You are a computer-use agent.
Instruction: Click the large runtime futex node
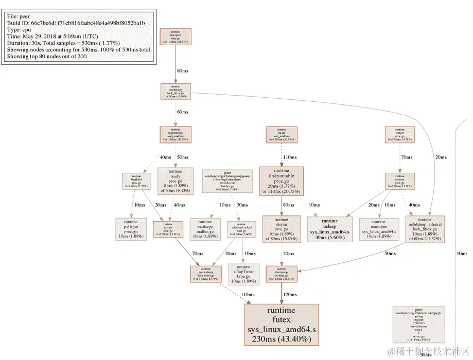coord(282,325)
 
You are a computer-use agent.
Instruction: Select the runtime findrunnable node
coord(281,181)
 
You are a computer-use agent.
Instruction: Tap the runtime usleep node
coord(329,229)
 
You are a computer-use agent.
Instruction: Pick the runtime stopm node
coord(281,229)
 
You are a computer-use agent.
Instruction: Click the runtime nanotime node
coord(379,229)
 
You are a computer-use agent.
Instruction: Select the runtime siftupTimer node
coord(243,274)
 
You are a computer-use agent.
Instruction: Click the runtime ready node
coord(175,181)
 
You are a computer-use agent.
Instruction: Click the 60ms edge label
coord(182,112)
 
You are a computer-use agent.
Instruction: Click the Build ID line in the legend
coord(76,24)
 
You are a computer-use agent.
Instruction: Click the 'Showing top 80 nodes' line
coord(47,57)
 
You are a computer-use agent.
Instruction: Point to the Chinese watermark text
coord(427,351)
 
